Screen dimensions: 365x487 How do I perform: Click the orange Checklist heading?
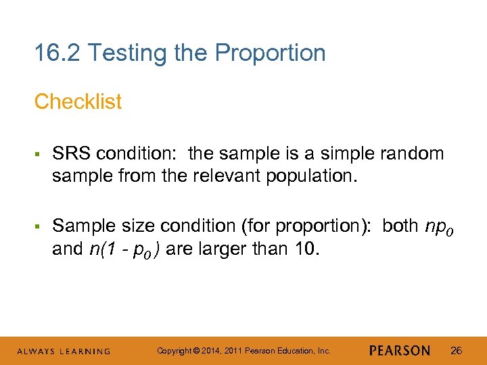coord(78,101)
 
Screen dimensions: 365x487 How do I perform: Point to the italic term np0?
coord(439,226)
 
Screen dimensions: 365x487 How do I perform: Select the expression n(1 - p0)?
coord(124,250)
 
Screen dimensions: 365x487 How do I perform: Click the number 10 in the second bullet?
coord(305,249)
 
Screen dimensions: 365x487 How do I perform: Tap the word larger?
coord(225,250)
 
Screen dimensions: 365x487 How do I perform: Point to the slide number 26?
coord(456,350)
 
